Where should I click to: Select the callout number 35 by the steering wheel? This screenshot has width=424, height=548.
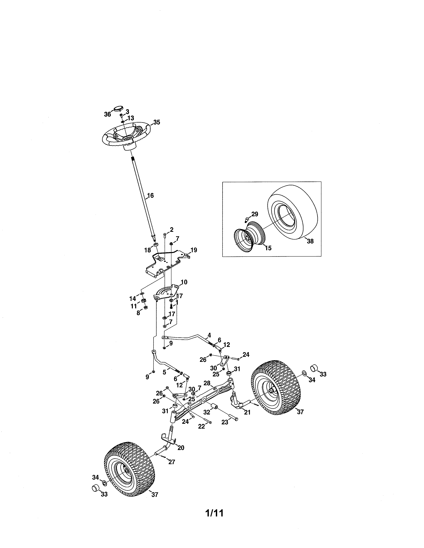pos(157,122)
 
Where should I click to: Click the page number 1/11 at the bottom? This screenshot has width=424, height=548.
pos(214,513)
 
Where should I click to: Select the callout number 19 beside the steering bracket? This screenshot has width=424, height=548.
pos(194,250)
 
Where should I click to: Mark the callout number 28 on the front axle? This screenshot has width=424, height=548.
pos(207,383)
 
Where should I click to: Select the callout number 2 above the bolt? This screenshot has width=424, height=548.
pos(172,229)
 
